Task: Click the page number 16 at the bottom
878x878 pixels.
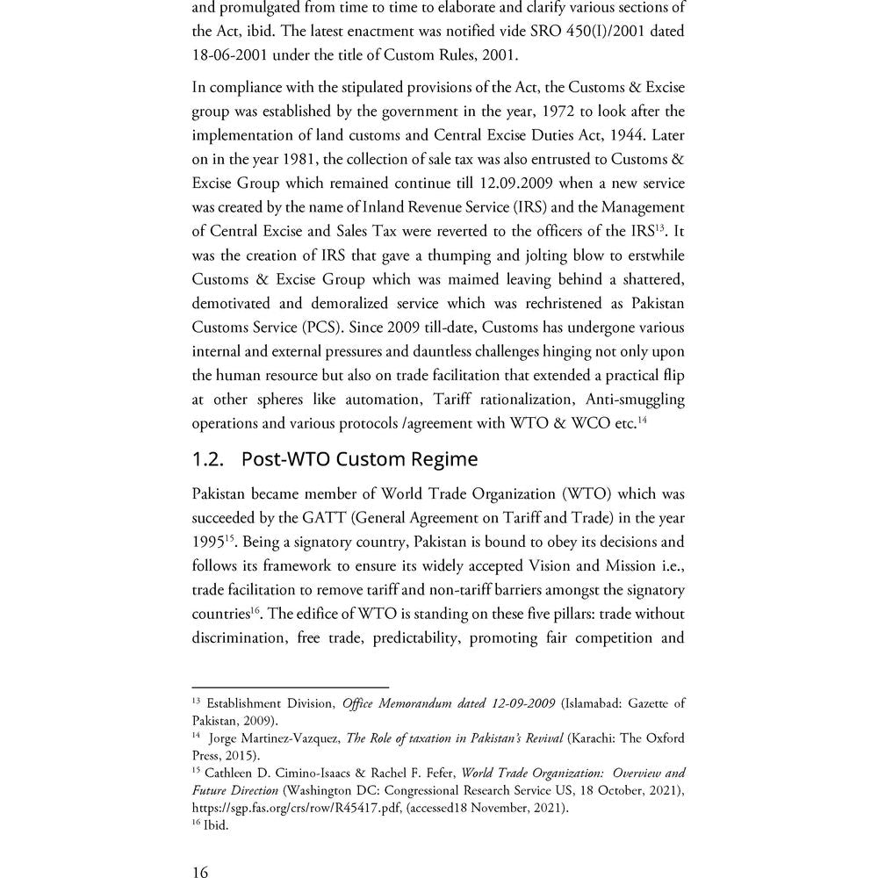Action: [200, 870]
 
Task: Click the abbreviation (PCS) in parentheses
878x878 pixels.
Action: [321, 327]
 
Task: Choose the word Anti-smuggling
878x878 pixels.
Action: [630, 399]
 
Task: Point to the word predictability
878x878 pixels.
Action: [415, 637]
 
